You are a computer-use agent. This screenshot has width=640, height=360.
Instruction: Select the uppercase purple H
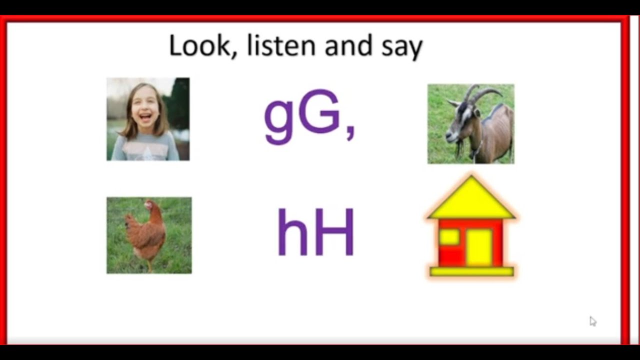pos(334,233)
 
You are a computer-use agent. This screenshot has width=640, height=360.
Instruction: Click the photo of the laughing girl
pos(148,119)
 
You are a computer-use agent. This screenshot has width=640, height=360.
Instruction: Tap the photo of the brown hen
pos(149,235)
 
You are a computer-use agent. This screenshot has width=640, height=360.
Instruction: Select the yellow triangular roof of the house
pos(471,200)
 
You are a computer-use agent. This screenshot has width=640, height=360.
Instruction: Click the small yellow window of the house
pos(449,236)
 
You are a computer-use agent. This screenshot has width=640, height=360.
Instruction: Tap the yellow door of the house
pos(478,247)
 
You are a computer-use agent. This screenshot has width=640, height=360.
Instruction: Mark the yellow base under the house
pos(471,271)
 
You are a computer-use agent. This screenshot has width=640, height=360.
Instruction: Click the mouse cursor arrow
pos(592,321)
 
